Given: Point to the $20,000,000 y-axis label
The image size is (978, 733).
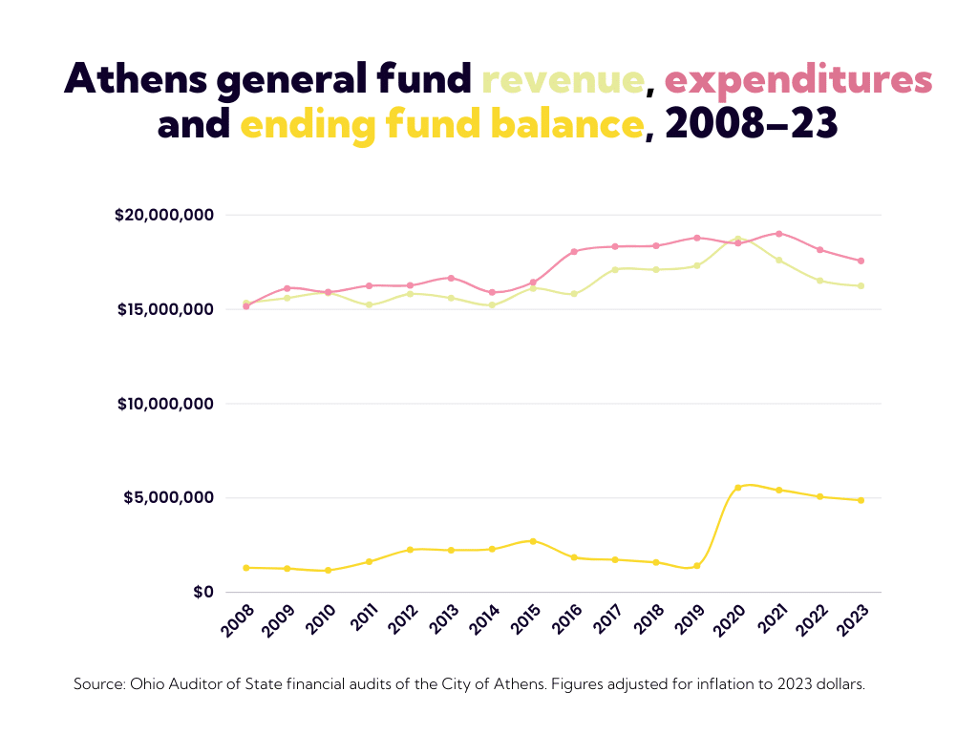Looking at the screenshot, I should coord(164,216).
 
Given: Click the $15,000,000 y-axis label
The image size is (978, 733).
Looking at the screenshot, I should coord(164,309).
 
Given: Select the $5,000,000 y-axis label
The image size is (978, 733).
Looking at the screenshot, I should coord(169,498).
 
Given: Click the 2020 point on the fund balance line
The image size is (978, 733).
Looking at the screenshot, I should coord(738,488).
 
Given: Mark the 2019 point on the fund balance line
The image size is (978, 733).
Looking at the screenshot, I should coord(697,566).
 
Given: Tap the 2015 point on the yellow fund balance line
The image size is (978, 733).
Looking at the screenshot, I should coord(533,541).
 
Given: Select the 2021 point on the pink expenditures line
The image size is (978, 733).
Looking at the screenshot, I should coord(779,234).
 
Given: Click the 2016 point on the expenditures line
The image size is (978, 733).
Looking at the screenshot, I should coord(574,252).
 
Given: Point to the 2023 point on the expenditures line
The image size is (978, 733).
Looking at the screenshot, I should coord(861,261).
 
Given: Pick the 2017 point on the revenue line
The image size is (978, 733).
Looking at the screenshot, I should coord(615,269).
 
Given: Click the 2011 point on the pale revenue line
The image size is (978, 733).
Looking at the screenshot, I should coord(369,305).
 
